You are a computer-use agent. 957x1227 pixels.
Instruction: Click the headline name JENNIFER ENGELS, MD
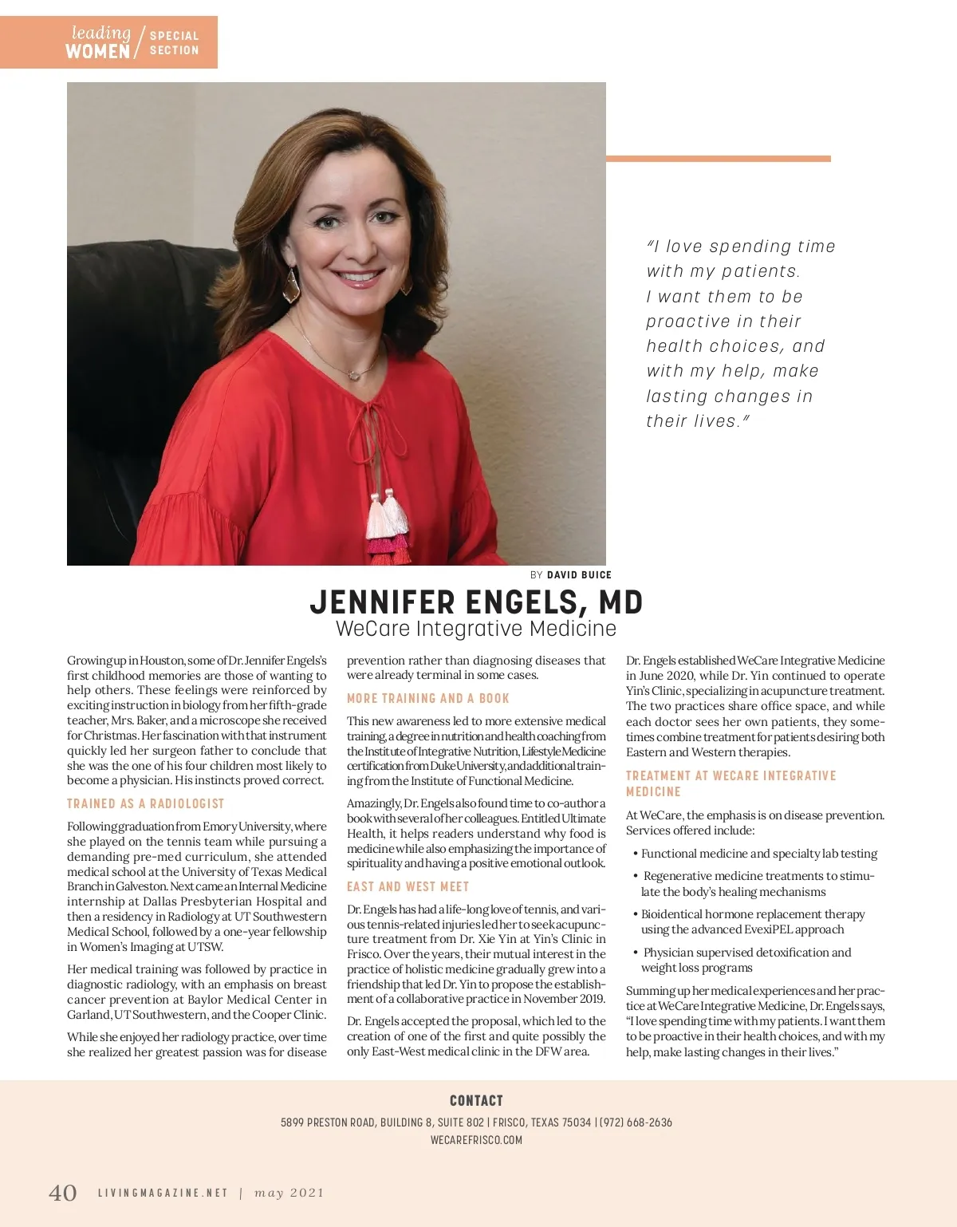(476, 602)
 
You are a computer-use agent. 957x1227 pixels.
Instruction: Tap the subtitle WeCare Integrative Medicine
(476, 629)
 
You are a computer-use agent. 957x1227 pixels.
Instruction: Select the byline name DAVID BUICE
(579, 575)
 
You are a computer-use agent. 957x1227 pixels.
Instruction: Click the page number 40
(63, 1193)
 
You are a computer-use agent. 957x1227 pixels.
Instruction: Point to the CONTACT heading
(476, 1101)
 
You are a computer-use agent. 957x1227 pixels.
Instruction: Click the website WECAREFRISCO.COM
(476, 1140)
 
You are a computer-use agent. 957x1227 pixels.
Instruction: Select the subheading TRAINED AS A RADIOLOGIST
(146, 803)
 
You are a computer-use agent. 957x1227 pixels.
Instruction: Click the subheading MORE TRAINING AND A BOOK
(427, 698)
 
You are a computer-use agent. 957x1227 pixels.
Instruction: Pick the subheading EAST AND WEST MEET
(408, 886)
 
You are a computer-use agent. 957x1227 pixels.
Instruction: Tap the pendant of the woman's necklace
(352, 373)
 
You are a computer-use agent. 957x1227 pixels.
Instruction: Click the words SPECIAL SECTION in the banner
(174, 43)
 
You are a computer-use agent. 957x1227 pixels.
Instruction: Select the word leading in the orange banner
(101, 33)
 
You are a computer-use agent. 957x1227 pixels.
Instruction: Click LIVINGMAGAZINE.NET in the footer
(163, 1193)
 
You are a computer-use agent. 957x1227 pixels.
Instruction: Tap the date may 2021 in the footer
(289, 1193)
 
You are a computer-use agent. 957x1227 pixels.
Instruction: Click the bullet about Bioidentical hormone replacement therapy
(752, 921)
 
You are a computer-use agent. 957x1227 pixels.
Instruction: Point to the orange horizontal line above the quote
(718, 159)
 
